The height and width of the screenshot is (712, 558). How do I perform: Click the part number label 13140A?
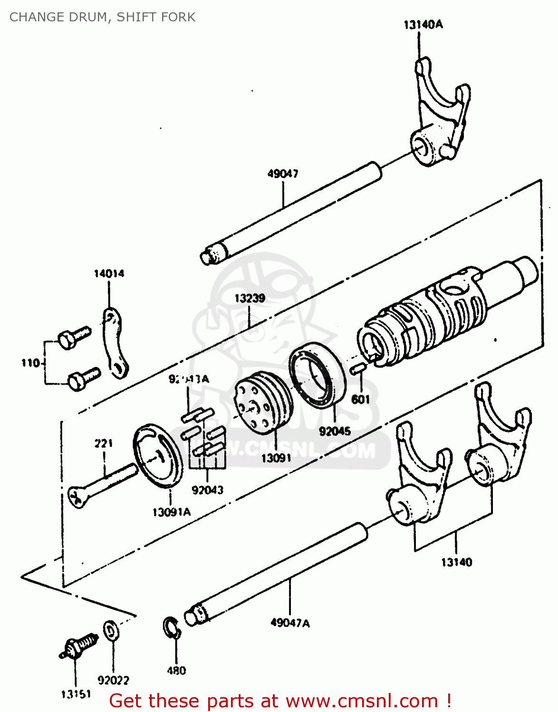pos(423,25)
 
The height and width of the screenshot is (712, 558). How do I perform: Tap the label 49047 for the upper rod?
pos(283,174)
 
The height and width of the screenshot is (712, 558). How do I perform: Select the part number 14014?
pos(109,273)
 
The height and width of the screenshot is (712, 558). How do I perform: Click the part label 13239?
pos(250,298)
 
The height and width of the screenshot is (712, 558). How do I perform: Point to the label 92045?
pos(335,431)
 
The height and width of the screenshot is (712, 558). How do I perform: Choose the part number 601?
pos(360,399)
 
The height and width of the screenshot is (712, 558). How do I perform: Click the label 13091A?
pos(171,512)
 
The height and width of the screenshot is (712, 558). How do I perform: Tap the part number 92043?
pos(207,490)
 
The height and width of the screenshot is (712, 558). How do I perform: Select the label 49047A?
pos(290,622)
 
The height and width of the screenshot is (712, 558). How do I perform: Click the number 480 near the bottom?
pos(176,671)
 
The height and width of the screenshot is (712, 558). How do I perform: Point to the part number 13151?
pos(76,694)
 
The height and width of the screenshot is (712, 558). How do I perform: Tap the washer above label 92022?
pos(111,630)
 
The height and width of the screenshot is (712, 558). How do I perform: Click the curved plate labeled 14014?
pos(115,343)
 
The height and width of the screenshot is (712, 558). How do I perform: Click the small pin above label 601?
pos(357,368)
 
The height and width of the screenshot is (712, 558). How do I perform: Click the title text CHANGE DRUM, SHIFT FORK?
pos(102,17)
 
